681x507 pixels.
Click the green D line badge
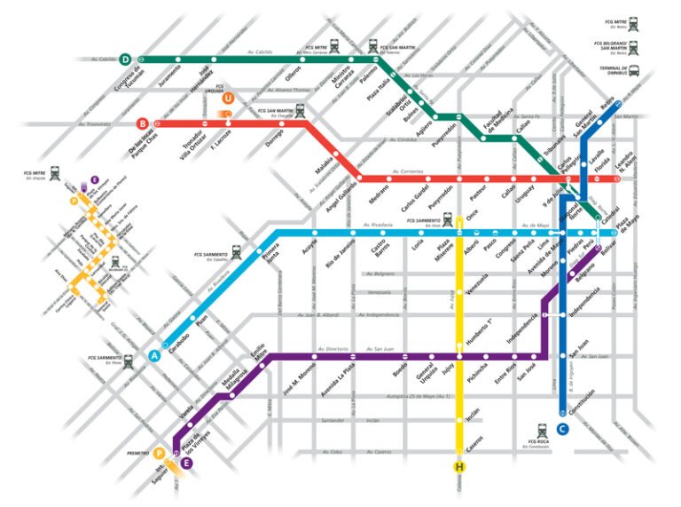pos(126,59)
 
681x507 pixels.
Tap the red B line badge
pos(143,124)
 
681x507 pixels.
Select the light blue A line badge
pos(155,355)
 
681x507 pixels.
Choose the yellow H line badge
pos(459,467)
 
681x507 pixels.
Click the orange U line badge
pos(230,99)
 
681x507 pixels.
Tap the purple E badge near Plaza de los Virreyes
pos(186,463)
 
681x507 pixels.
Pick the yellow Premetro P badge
pos(160,453)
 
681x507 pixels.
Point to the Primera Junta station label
pos(270,256)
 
